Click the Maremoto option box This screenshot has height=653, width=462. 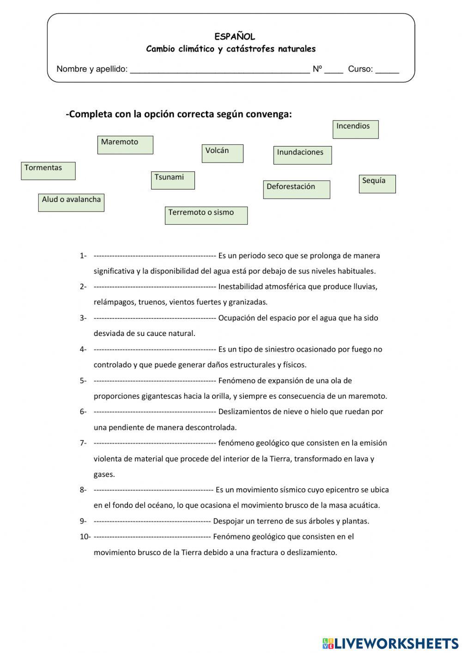click(x=125, y=145)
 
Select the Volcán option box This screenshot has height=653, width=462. click(x=222, y=153)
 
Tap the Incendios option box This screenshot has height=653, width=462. click(x=355, y=129)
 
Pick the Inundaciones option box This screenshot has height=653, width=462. click(x=302, y=155)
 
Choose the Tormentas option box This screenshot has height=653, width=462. click(x=48, y=171)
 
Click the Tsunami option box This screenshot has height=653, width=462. click(x=173, y=180)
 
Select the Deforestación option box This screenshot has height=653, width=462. click(x=297, y=189)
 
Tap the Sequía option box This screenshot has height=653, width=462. click(x=377, y=184)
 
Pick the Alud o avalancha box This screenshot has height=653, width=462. click(x=71, y=203)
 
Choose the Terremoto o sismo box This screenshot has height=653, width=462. click(x=206, y=215)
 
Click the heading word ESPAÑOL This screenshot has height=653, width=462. click(x=235, y=37)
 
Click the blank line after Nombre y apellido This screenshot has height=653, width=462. click(x=220, y=70)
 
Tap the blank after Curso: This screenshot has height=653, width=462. click(x=387, y=70)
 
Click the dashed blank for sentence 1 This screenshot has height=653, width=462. click(x=155, y=256)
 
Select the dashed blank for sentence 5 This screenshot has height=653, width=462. click(x=155, y=381)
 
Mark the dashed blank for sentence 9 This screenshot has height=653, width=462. click(x=152, y=521)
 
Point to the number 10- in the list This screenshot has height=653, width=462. click(x=85, y=537)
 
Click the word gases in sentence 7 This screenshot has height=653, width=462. click(x=104, y=474)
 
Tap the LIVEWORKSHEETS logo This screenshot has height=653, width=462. click(x=390, y=643)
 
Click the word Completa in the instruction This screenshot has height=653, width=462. click(x=91, y=114)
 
